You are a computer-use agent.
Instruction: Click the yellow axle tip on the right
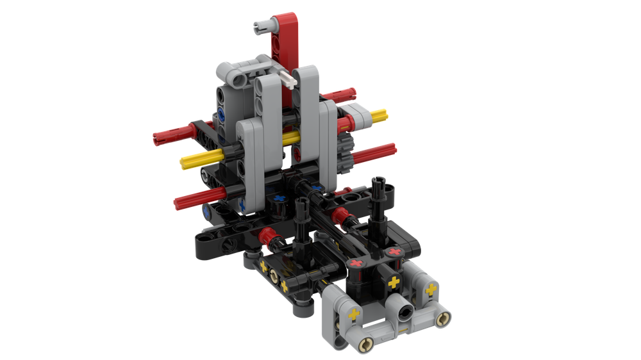[x=379, y=115]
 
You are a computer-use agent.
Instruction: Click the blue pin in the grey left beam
[x=222, y=116]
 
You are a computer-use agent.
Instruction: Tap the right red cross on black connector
[x=395, y=252]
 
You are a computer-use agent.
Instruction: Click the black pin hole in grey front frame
[x=405, y=311]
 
